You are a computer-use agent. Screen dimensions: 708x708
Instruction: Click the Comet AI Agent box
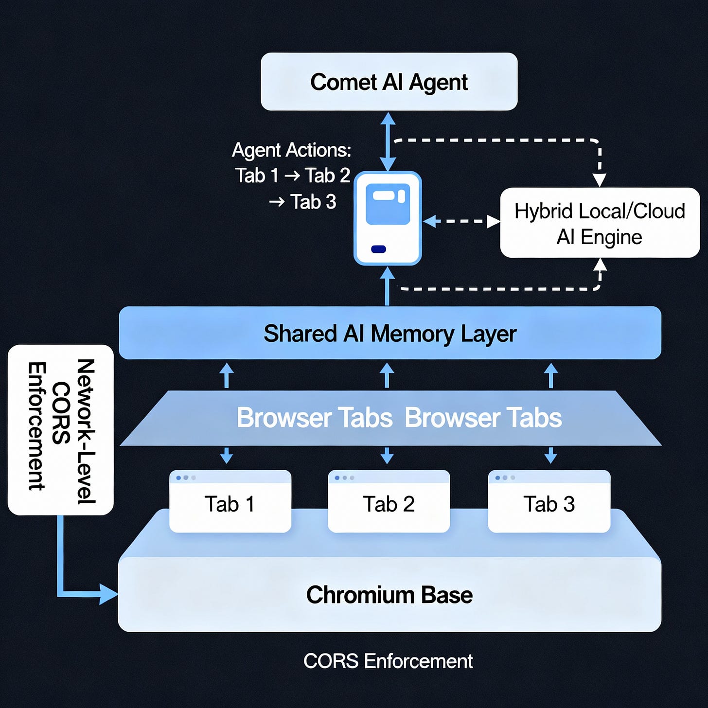389,82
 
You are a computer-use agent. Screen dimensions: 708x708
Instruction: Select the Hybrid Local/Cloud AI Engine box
600,223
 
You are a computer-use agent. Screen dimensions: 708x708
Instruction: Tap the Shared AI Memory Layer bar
389,334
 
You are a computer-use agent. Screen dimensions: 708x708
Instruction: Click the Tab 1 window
230,504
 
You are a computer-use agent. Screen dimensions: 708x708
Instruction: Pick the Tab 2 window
389,504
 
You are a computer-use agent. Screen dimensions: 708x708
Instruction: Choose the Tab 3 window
549,504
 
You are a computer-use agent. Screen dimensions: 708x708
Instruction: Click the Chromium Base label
389,595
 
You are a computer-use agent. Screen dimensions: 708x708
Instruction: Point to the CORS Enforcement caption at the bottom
388,661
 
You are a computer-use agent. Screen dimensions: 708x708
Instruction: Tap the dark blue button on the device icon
378,249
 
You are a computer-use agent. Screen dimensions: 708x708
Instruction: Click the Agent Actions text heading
291,150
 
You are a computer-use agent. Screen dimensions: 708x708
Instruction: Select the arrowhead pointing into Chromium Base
108,594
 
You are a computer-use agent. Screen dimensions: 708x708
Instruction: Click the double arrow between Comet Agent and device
388,141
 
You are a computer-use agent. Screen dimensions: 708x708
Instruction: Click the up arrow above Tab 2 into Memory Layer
387,375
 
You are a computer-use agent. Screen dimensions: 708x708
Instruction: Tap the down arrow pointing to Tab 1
227,456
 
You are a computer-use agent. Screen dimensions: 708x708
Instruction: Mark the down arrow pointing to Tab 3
550,456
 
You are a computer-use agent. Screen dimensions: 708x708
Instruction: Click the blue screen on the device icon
388,204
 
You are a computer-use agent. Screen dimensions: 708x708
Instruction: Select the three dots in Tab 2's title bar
344,478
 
